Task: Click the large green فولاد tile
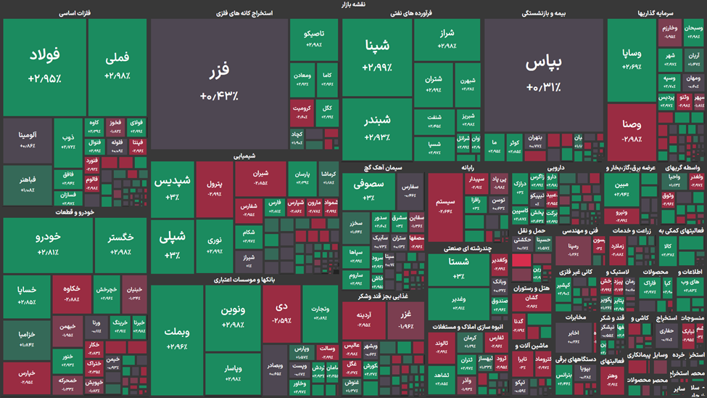click(x=45, y=67)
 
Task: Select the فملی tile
click(x=117, y=67)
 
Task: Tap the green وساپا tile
click(x=632, y=60)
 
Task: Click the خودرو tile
click(x=48, y=245)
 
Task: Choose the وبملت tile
click(x=176, y=338)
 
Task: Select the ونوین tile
click(x=233, y=314)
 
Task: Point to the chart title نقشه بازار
click(x=353, y=4)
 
